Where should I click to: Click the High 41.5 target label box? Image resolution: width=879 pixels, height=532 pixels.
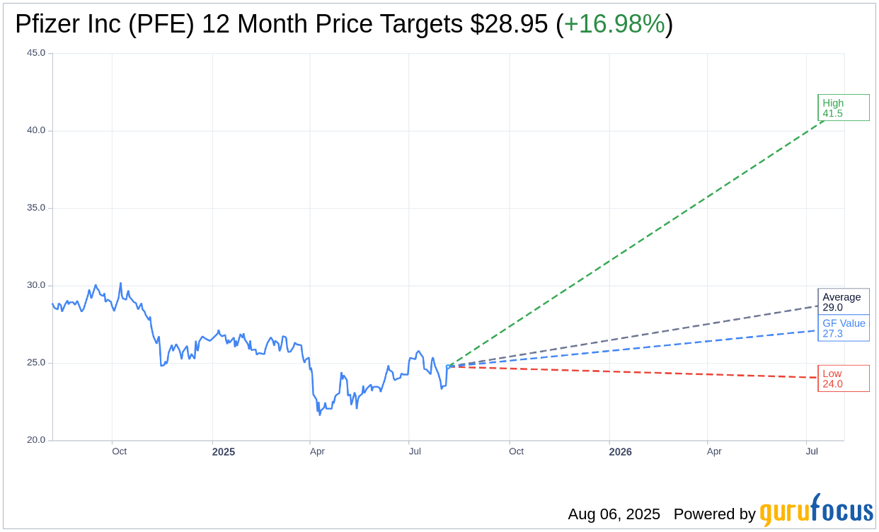[x=843, y=108]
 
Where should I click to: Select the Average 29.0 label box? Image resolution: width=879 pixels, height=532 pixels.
[x=843, y=301]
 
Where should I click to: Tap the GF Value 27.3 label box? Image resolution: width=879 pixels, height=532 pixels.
[x=843, y=328]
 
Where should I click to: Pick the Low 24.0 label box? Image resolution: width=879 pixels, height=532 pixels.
[x=843, y=378]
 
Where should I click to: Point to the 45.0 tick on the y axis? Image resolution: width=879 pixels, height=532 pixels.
[x=36, y=53]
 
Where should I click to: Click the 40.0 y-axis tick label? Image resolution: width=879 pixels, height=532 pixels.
[x=36, y=130]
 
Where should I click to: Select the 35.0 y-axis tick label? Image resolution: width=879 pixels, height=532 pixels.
[x=36, y=208]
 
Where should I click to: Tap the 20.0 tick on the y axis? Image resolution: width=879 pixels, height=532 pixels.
[x=36, y=440]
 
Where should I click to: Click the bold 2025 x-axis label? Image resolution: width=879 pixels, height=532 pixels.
[x=223, y=451]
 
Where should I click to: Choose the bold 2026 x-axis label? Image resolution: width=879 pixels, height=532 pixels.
[x=620, y=451]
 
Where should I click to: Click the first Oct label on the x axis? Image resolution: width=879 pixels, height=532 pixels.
[x=119, y=451]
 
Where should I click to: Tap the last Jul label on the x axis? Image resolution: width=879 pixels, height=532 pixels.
[x=812, y=451]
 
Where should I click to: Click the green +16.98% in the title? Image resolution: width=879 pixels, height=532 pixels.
[x=614, y=24]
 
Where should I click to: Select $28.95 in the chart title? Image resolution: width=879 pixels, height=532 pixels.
[x=509, y=24]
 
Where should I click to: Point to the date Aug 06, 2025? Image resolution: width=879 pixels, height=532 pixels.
[x=614, y=514]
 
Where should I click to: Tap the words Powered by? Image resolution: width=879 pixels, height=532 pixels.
[x=714, y=514]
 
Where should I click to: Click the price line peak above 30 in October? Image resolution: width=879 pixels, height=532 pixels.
[x=120, y=284]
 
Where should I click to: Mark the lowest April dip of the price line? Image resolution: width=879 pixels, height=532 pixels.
[x=319, y=414]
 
